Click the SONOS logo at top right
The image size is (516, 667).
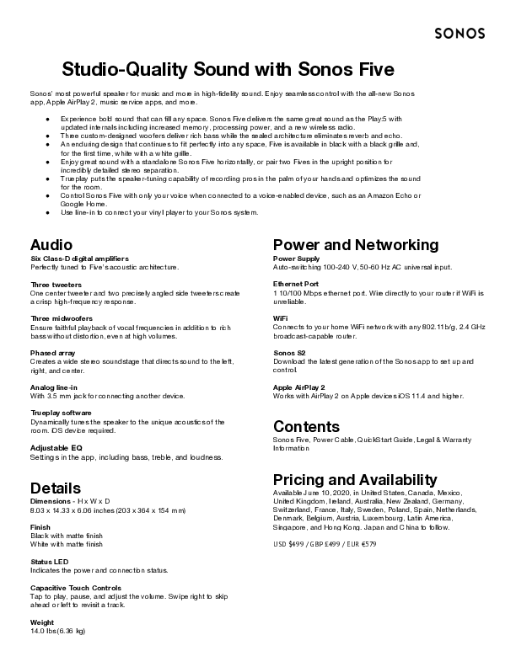460,34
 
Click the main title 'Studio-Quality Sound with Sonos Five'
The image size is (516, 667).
229,68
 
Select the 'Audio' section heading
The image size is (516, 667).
51,245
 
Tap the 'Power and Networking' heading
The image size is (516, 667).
356,245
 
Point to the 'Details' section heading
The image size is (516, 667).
56,488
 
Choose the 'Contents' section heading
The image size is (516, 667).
306,426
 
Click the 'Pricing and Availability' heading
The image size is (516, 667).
355,479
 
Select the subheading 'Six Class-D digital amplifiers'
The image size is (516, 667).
79,258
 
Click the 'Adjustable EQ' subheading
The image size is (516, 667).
56,447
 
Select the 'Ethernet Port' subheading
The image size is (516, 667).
296,284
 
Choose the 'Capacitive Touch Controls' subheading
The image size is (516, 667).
76,588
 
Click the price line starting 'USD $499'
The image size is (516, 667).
325,544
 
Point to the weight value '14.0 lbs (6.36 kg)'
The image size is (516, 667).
58,630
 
